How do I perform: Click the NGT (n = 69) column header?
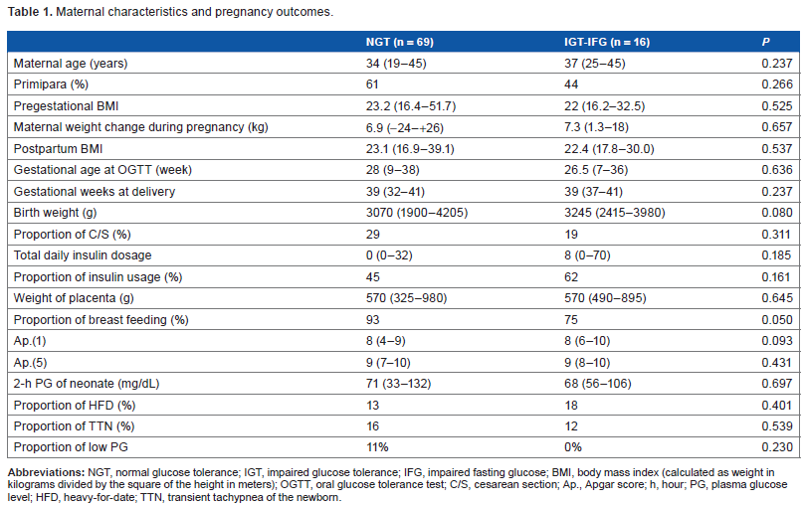(399, 42)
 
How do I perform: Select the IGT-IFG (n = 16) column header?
(607, 42)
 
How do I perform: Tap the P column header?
(765, 42)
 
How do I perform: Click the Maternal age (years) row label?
(71, 64)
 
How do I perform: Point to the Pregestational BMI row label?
(66, 106)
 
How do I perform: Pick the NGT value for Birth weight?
(417, 213)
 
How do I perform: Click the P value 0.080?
(777, 213)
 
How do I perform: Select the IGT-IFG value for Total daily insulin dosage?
(587, 255)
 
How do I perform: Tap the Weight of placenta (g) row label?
(74, 298)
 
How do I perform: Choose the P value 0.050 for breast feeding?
(777, 320)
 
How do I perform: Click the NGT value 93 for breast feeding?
(373, 320)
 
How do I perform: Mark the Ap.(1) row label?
(30, 341)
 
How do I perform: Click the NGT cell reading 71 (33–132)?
(398, 384)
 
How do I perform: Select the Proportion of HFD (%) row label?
(75, 406)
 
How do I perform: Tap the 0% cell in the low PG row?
(573, 447)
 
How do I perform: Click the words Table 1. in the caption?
(30, 12)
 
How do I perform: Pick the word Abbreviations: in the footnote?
(46, 472)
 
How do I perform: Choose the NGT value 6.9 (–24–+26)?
(405, 127)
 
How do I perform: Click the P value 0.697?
(777, 384)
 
